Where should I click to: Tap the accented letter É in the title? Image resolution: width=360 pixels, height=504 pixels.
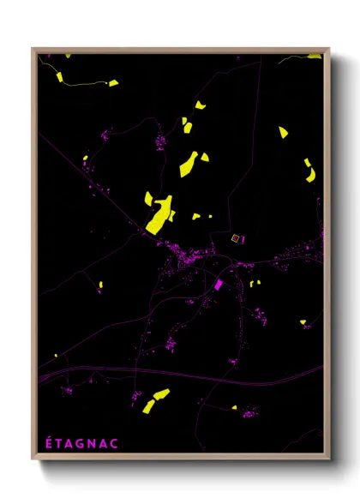[48, 443]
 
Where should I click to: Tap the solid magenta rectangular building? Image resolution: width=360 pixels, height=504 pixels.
[218, 284]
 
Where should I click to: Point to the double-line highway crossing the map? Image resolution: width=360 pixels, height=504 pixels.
[171, 370]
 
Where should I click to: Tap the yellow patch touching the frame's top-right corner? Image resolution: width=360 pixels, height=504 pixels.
[315, 56]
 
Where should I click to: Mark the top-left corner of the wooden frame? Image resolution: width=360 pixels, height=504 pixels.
[33, 49]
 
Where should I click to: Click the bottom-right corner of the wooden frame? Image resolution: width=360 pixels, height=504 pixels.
[330, 460]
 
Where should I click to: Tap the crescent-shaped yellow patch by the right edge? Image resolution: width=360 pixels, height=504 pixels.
[309, 169]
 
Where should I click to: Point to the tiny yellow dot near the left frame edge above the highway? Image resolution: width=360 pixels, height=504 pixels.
[56, 355]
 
